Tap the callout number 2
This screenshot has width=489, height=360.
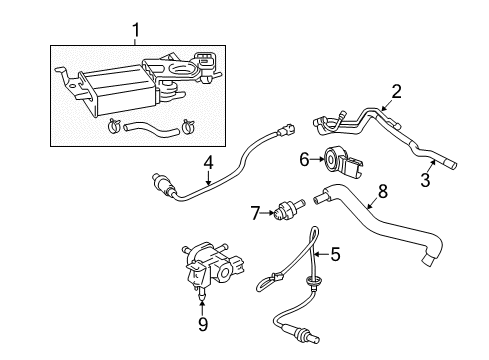point(396,92)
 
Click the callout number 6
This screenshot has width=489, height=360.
point(304,158)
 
